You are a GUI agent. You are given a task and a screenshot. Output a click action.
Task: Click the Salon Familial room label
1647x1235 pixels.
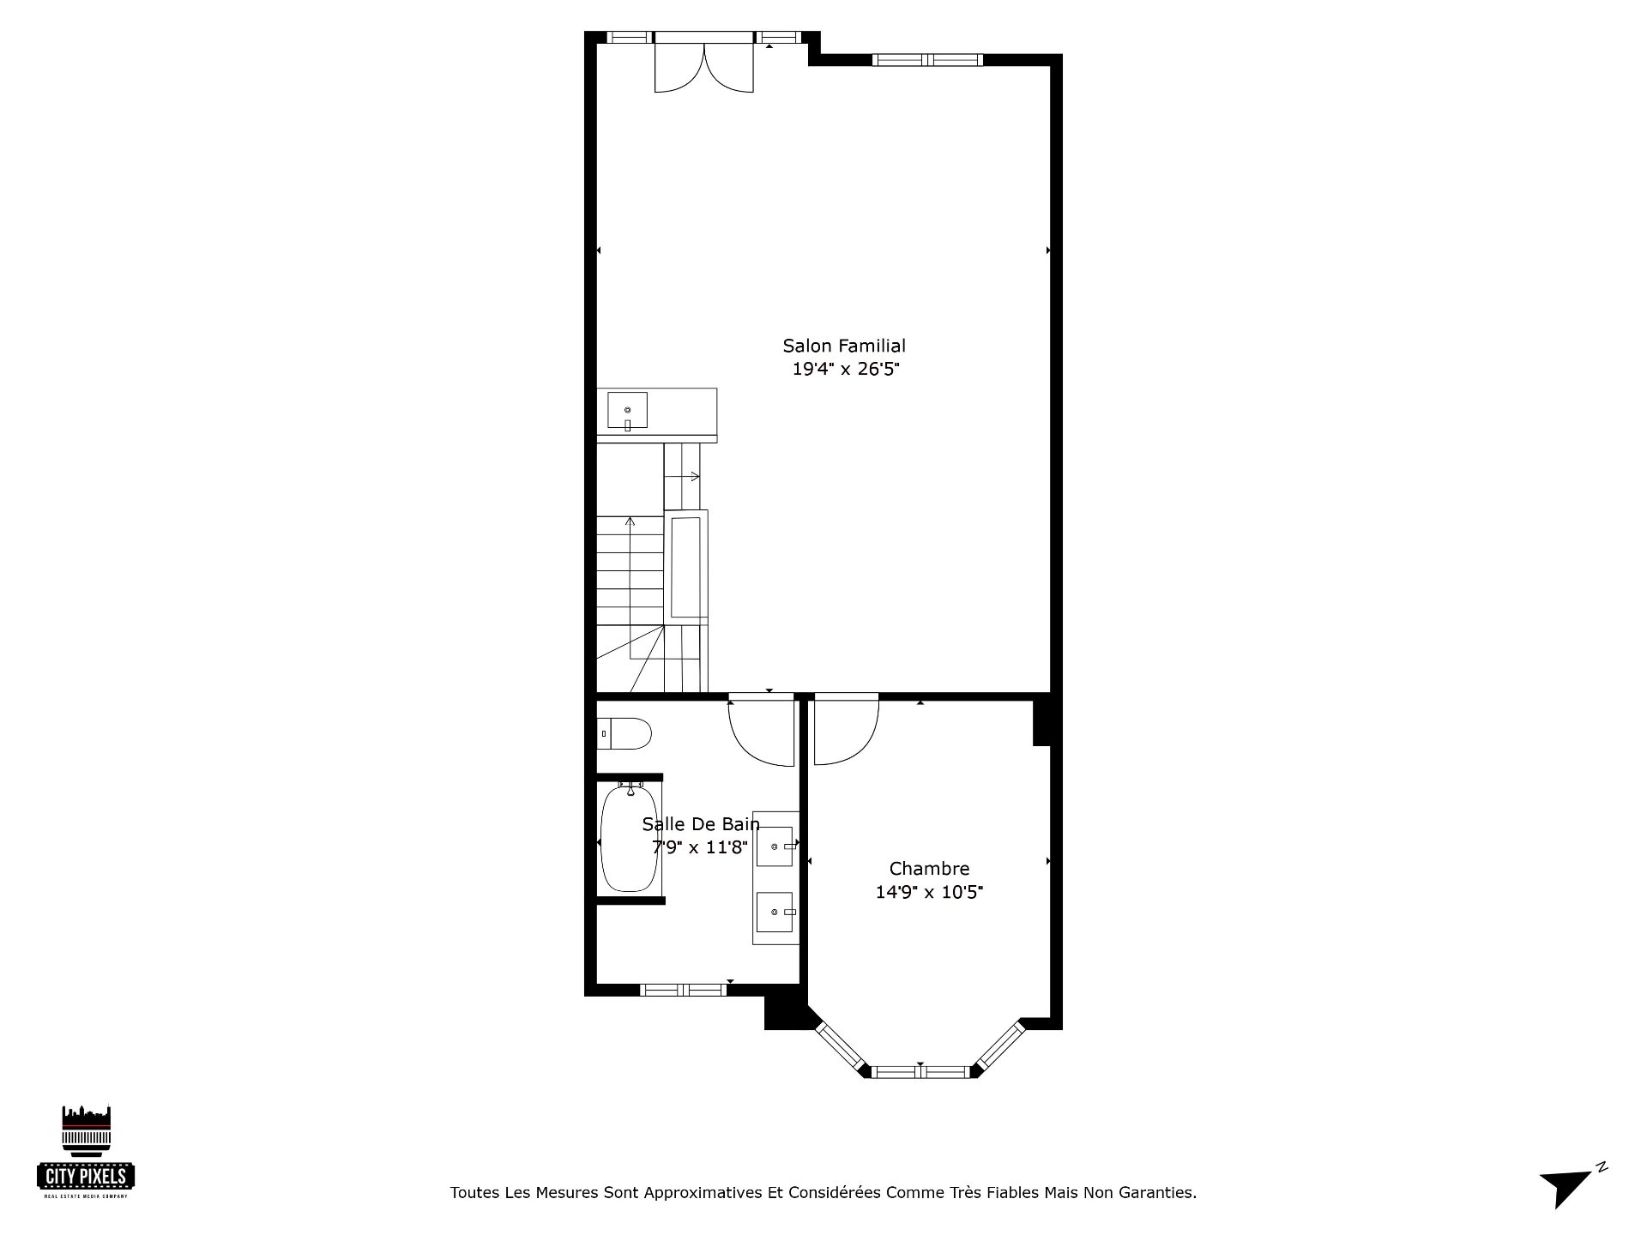844,346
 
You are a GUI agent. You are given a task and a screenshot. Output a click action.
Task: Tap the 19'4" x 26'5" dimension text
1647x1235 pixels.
845,370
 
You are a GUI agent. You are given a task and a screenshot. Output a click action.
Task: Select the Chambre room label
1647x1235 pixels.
929,869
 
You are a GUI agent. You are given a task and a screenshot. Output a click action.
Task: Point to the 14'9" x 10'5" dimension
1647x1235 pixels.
929,892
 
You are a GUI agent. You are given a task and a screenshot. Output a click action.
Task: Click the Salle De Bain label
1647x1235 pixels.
701,824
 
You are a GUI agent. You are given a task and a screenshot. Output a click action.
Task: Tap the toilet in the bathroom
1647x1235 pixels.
624,734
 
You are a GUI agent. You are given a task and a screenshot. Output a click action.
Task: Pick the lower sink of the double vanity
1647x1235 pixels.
776,912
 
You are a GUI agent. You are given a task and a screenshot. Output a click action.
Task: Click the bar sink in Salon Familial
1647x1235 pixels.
628,410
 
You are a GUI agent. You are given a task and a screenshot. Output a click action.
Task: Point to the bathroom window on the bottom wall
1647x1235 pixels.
684,990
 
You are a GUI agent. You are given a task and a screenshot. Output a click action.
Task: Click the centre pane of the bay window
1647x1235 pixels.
922,1071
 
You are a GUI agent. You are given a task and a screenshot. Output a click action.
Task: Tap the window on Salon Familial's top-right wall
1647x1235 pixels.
928,60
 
